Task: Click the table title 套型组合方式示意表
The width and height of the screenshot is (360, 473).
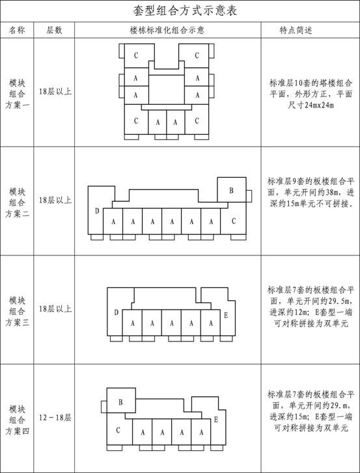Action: (x=184, y=11)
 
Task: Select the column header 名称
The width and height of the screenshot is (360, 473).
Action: (x=17, y=30)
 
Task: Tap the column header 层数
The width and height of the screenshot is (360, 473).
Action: (x=54, y=30)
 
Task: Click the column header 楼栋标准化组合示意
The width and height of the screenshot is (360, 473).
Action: (x=167, y=30)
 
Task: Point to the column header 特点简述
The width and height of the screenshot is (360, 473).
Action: (x=296, y=30)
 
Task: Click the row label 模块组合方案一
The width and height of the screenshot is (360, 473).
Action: (x=17, y=94)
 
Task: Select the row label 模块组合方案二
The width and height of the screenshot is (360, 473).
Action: (x=17, y=203)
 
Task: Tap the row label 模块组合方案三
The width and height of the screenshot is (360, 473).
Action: (x=17, y=311)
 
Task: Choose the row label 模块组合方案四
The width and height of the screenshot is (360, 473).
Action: (x=17, y=420)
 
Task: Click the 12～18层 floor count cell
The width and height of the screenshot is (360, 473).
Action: (x=55, y=418)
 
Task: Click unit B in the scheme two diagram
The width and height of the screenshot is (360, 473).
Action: (x=232, y=190)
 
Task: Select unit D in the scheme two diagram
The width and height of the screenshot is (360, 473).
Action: (x=97, y=211)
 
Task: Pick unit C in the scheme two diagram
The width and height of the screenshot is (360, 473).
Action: (x=233, y=221)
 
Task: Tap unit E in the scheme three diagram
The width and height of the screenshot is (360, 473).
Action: (x=226, y=316)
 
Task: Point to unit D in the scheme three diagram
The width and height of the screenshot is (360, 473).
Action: (x=116, y=313)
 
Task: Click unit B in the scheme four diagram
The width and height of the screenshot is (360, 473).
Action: (x=121, y=402)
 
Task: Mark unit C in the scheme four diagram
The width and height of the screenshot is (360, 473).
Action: (x=118, y=430)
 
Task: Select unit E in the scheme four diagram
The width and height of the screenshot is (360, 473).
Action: (x=216, y=420)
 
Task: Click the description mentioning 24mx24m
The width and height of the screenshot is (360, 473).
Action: (x=311, y=94)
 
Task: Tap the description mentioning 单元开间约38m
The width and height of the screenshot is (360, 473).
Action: (x=311, y=192)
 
